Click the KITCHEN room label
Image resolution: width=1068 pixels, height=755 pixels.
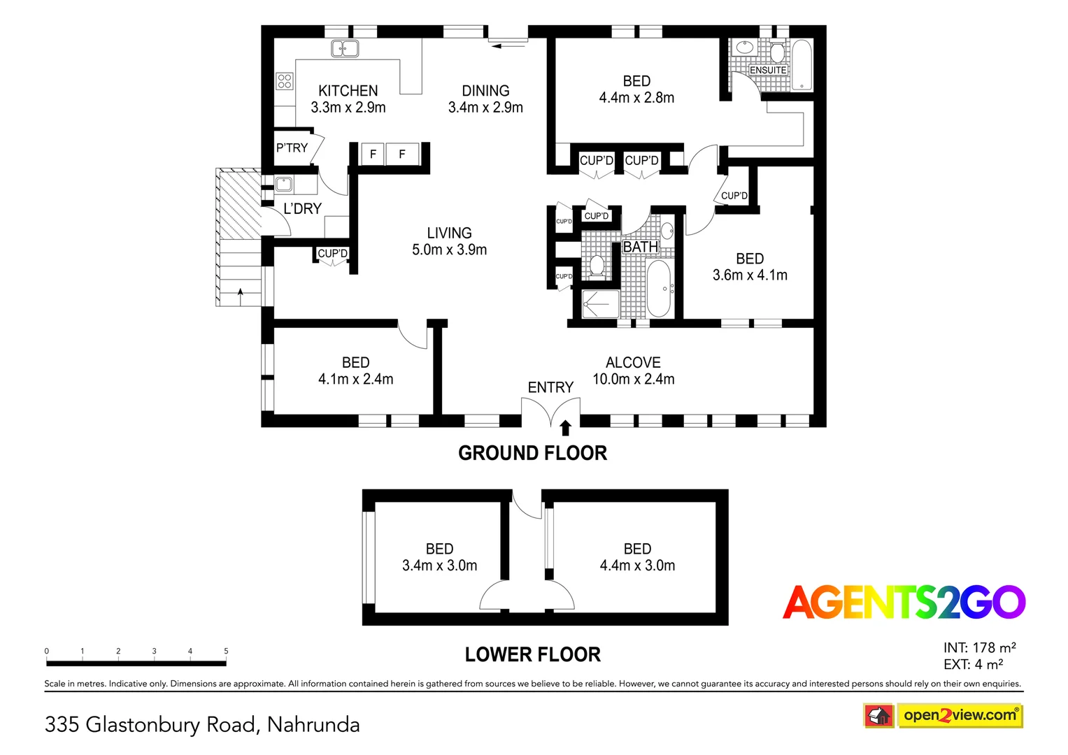pyautogui.click(x=348, y=91)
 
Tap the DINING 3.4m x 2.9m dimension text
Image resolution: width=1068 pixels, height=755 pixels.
pyautogui.click(x=485, y=108)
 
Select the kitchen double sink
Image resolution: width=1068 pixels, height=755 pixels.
pyautogui.click(x=345, y=48)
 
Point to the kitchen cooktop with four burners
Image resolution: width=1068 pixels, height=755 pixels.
pyautogui.click(x=284, y=80)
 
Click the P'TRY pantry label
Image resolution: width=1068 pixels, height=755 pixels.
pyautogui.click(x=292, y=148)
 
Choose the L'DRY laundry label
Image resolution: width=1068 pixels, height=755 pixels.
pyautogui.click(x=302, y=208)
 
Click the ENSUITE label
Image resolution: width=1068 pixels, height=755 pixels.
pyautogui.click(x=768, y=70)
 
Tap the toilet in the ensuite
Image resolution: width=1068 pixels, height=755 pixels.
pyautogui.click(x=777, y=52)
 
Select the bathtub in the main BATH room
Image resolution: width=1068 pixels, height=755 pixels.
pyautogui.click(x=659, y=288)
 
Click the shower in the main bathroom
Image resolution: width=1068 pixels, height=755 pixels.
pyautogui.click(x=600, y=304)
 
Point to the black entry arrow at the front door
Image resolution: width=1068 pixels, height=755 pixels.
pyautogui.click(x=565, y=427)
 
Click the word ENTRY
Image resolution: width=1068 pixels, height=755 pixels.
pyautogui.click(x=550, y=387)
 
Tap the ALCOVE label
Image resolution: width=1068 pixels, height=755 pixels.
pyautogui.click(x=633, y=362)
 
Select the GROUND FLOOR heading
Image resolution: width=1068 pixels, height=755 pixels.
pyautogui.click(x=532, y=453)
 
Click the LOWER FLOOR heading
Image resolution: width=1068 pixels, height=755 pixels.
pyautogui.click(x=532, y=654)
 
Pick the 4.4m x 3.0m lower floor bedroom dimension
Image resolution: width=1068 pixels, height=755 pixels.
pyautogui.click(x=637, y=566)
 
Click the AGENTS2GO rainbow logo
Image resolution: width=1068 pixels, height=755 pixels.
pyautogui.click(x=904, y=603)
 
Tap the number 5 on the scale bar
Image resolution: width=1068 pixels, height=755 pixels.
pyautogui.click(x=226, y=651)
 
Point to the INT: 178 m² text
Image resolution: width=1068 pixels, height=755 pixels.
pyautogui.click(x=979, y=648)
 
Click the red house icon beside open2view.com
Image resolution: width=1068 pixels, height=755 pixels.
pyautogui.click(x=878, y=716)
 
